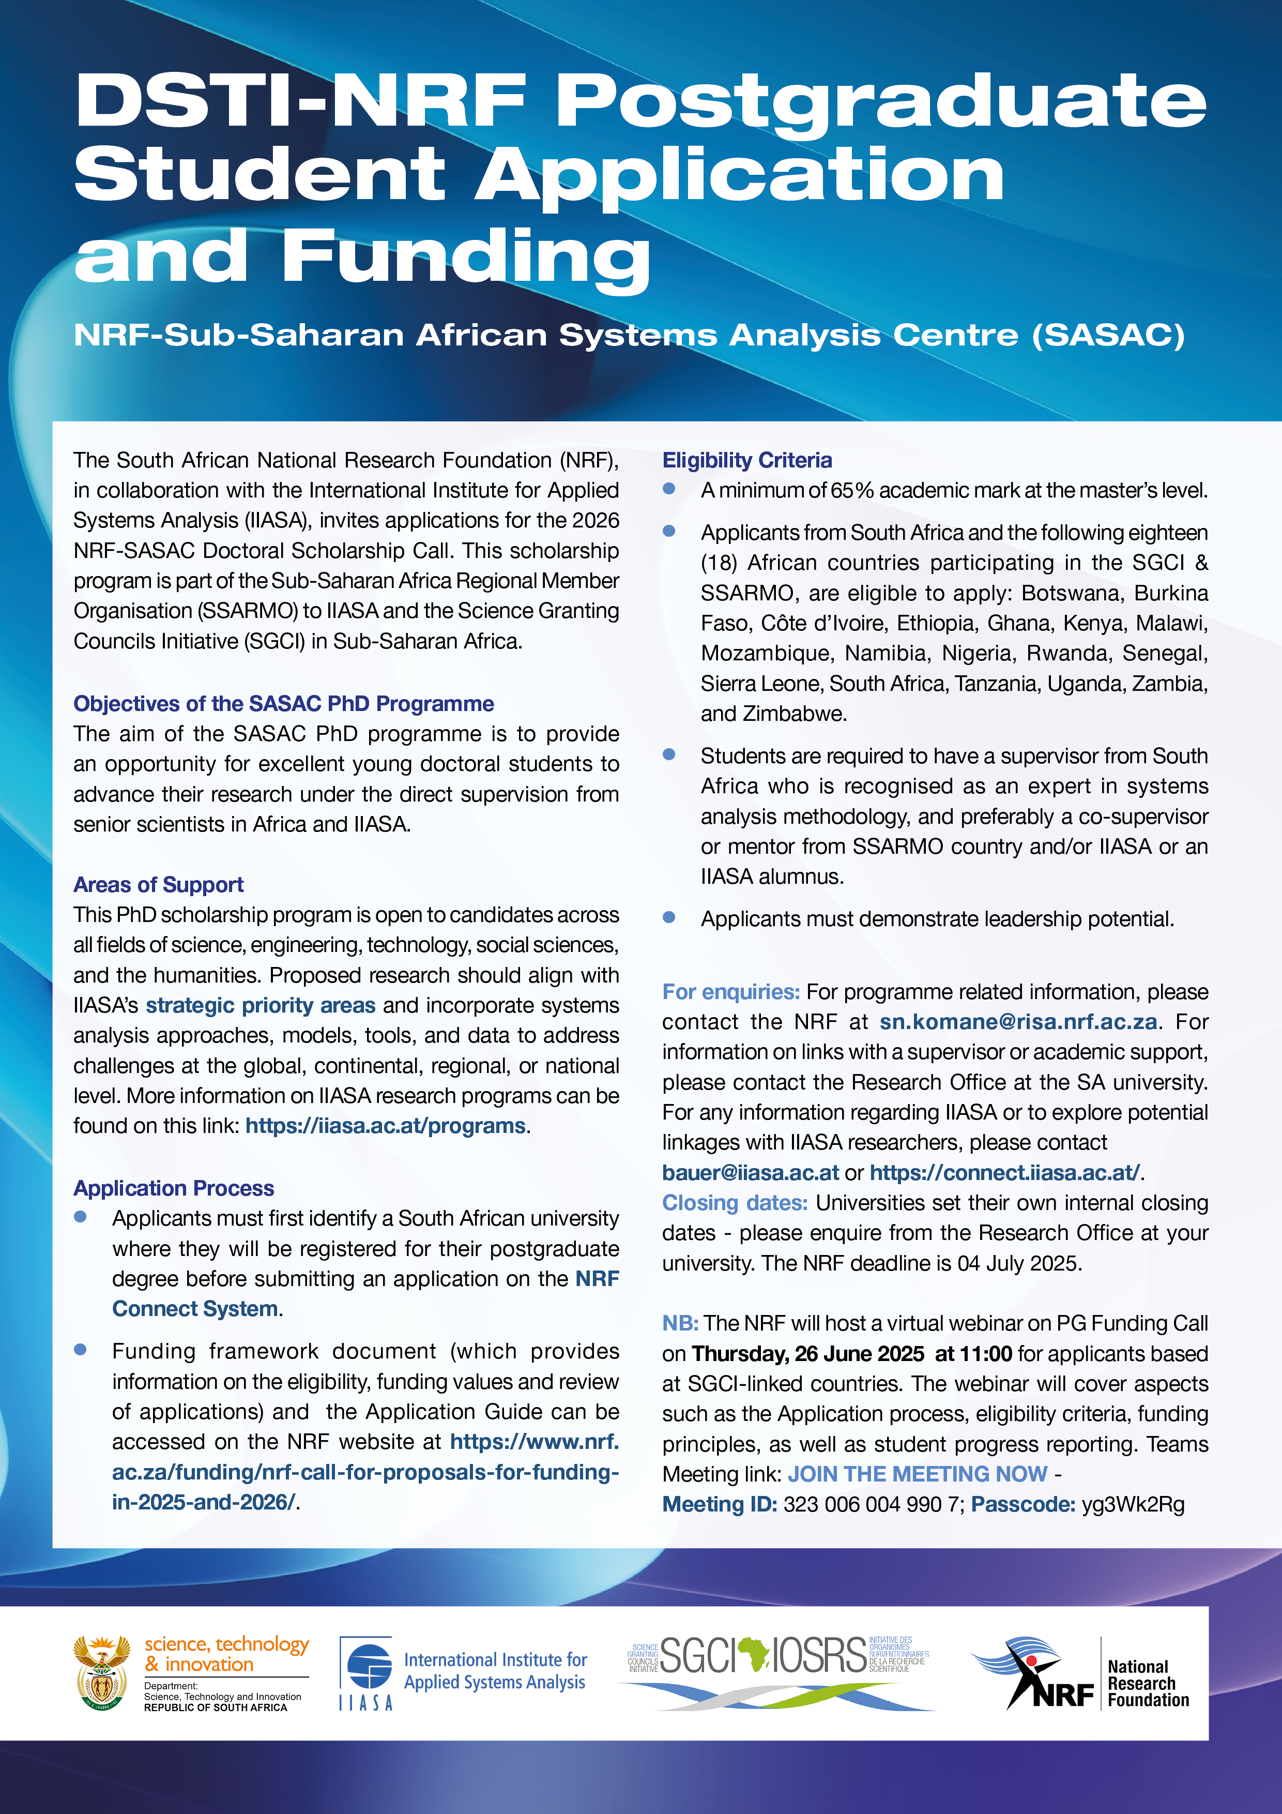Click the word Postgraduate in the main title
[x=881, y=101]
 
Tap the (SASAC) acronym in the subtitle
[x=1108, y=335]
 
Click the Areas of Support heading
[x=158, y=884]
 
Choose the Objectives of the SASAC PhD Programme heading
[x=284, y=703]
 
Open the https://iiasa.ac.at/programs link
[x=386, y=1125]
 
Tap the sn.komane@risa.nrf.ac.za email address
[x=1019, y=1022]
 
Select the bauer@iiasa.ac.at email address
[x=751, y=1172]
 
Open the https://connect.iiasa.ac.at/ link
[x=1005, y=1172]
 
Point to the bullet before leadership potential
[x=669, y=917]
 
